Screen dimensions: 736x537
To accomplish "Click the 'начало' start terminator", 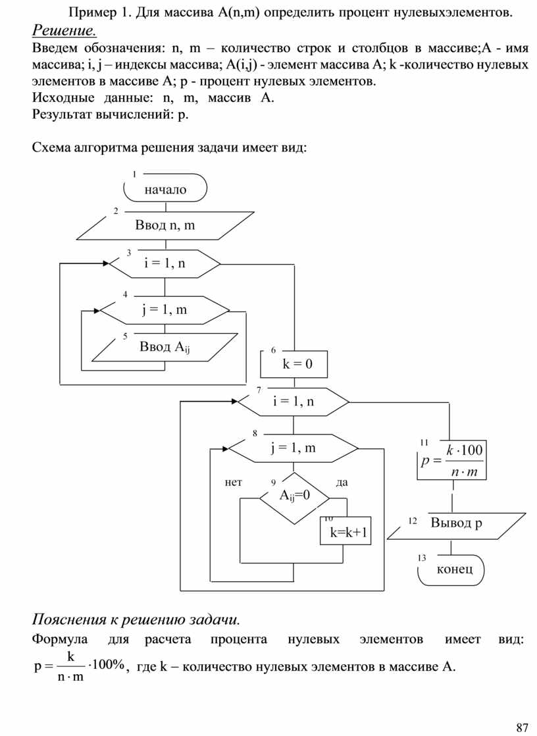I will click(x=165, y=190).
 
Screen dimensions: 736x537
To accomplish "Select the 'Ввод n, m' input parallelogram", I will click(x=165, y=226).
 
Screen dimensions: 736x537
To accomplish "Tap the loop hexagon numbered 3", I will click(x=165, y=264).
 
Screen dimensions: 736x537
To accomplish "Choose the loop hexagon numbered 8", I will click(x=293, y=449).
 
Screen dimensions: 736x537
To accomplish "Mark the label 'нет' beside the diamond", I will click(x=233, y=483).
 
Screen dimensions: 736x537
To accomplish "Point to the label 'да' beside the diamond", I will click(x=342, y=483).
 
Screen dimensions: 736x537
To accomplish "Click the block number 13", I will click(x=422, y=558).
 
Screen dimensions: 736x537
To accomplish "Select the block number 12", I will click(x=413, y=521).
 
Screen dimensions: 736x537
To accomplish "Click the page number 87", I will click(x=523, y=727).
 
